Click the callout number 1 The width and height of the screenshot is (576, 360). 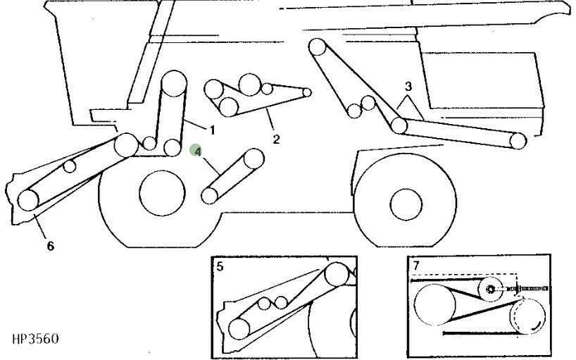coord(212,130)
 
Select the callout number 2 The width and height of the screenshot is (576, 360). coord(276,139)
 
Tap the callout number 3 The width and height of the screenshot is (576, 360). coord(408,87)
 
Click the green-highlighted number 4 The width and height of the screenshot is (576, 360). coord(197,151)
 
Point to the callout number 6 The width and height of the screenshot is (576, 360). coord(50,246)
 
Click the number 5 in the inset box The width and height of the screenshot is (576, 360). coord(220,266)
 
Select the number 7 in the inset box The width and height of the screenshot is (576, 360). coord(416,265)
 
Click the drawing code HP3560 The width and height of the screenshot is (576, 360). coord(35,338)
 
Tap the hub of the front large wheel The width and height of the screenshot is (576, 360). coord(163,193)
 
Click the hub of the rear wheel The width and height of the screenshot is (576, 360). coord(406,204)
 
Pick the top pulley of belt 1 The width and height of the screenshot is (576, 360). coord(175,82)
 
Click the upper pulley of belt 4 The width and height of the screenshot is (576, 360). coord(253,159)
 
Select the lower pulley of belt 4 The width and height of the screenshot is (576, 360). coord(210,195)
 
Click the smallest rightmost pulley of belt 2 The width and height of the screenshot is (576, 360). coord(307,92)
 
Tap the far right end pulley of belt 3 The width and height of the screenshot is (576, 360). coord(518,141)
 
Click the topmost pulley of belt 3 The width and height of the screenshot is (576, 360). coord(318,47)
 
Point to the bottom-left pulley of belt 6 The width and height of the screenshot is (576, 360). coord(28,200)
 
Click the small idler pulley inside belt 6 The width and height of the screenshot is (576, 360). coord(70,166)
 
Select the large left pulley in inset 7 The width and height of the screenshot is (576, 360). coord(434,304)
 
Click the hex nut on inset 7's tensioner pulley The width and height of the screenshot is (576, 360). coord(490,289)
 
